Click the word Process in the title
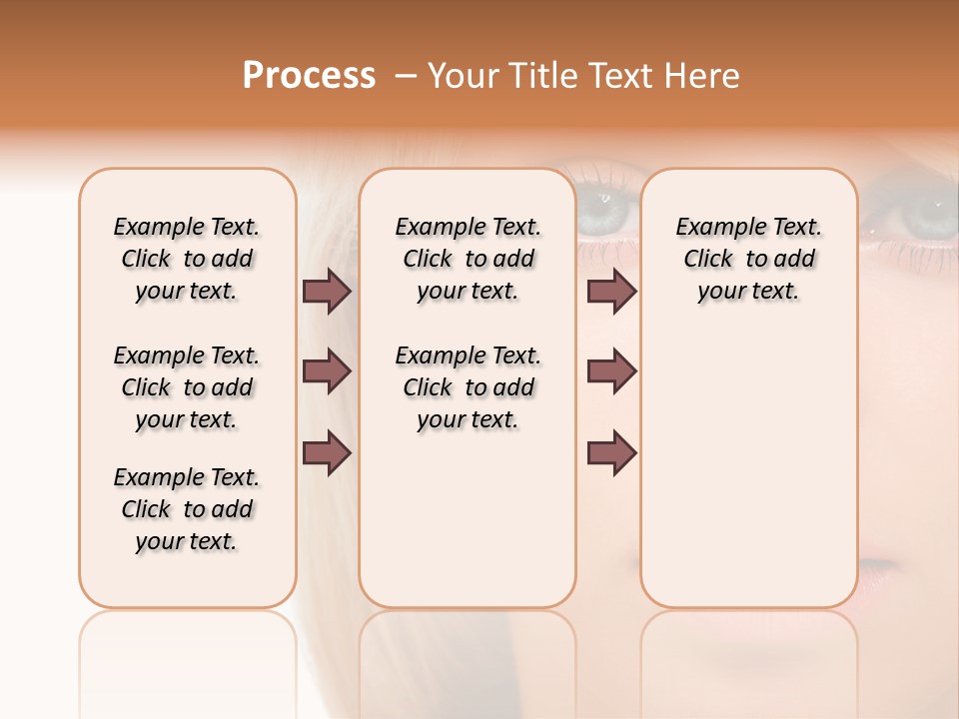click(x=309, y=75)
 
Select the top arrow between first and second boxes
click(x=327, y=291)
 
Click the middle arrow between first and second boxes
click(x=327, y=371)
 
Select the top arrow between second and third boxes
click(x=611, y=291)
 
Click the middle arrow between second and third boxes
click(x=611, y=371)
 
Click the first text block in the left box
click(x=187, y=259)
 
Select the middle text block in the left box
click(x=187, y=387)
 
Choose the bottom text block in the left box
click(x=187, y=509)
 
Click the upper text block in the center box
click(x=468, y=259)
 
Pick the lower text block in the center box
click(x=468, y=387)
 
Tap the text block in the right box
click(x=748, y=259)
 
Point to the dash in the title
click(x=405, y=76)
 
